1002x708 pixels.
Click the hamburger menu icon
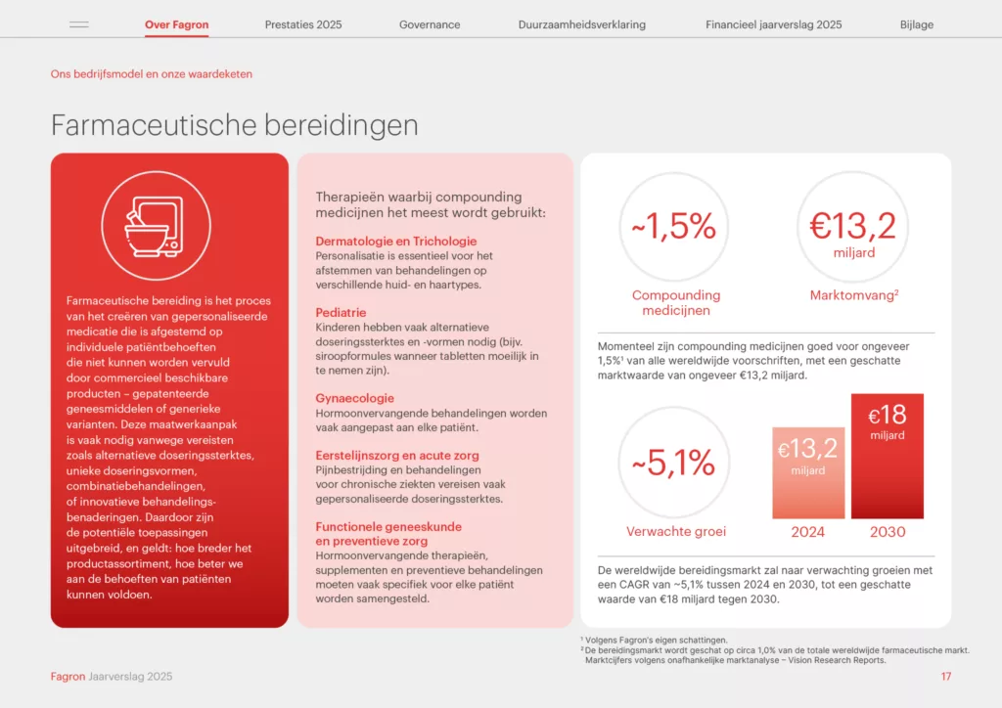(79, 24)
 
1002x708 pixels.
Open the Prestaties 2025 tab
(303, 24)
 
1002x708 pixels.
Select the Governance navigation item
(430, 24)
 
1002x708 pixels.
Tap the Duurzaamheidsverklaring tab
(582, 24)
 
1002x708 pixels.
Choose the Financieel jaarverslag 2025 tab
(774, 24)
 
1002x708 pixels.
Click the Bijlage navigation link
(917, 24)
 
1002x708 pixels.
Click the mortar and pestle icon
(155, 227)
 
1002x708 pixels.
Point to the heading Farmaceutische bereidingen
(235, 125)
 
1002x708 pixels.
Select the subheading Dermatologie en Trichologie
(396, 242)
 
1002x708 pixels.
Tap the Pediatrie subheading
(341, 313)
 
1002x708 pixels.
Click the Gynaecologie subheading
(354, 398)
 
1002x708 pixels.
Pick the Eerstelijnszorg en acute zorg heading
(397, 456)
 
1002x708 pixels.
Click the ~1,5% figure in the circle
(674, 226)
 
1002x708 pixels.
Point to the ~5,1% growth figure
(673, 463)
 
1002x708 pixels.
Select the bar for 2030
(887, 456)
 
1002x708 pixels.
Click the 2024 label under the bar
(807, 532)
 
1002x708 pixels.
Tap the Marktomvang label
(854, 295)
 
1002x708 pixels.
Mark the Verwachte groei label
(676, 531)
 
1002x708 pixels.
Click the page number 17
(946, 677)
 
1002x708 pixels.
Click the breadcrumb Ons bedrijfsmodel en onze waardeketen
(152, 74)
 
